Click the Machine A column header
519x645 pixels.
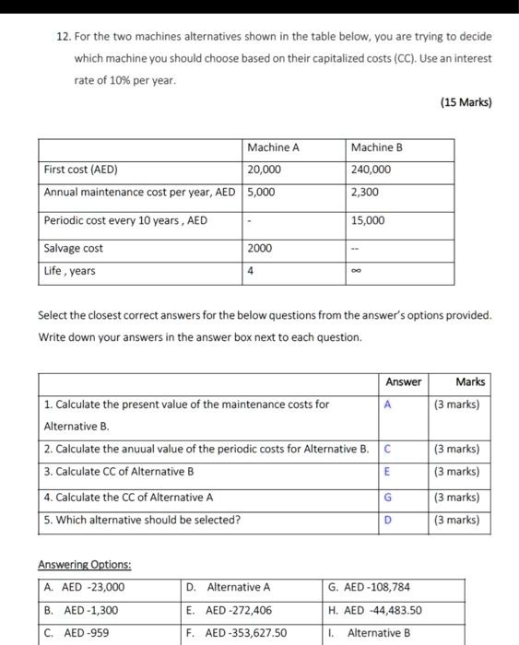pyautogui.click(x=273, y=147)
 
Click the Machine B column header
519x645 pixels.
pyautogui.click(x=377, y=147)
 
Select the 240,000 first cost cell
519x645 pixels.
pyautogui.click(x=371, y=170)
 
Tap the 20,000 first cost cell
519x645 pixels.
pyautogui.click(x=265, y=170)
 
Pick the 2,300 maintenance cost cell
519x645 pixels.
pyautogui.click(x=364, y=193)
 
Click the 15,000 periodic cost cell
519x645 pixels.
pyautogui.click(x=368, y=221)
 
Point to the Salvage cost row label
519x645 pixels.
pyautogui.click(x=74, y=249)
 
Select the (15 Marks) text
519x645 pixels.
pyautogui.click(x=466, y=102)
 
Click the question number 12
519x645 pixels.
pyautogui.click(x=63, y=37)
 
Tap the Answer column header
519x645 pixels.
pyautogui.click(x=403, y=381)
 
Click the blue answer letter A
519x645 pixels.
pyautogui.click(x=388, y=405)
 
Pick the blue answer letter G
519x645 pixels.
pyautogui.click(x=388, y=498)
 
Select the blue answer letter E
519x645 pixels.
pyautogui.click(x=388, y=472)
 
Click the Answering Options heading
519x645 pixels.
pyautogui.click(x=84, y=564)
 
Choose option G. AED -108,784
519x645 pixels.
pyautogui.click(x=370, y=587)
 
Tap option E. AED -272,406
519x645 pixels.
pyautogui.click(x=230, y=610)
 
